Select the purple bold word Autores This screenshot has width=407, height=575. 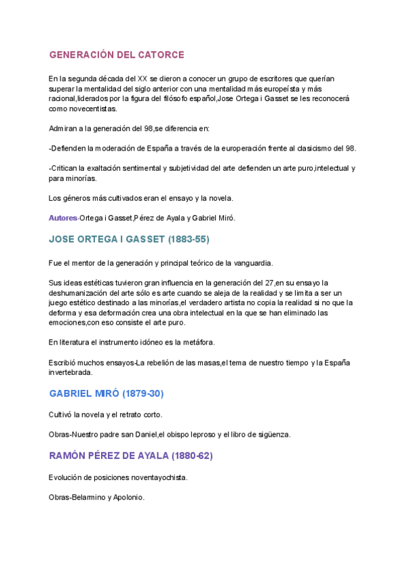pyautogui.click(x=63, y=218)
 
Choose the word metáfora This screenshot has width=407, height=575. pyautogui.click(x=196, y=342)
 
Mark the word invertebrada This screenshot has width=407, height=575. pyautogui.click(x=75, y=372)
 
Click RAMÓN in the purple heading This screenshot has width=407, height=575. pyautogui.click(x=69, y=456)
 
